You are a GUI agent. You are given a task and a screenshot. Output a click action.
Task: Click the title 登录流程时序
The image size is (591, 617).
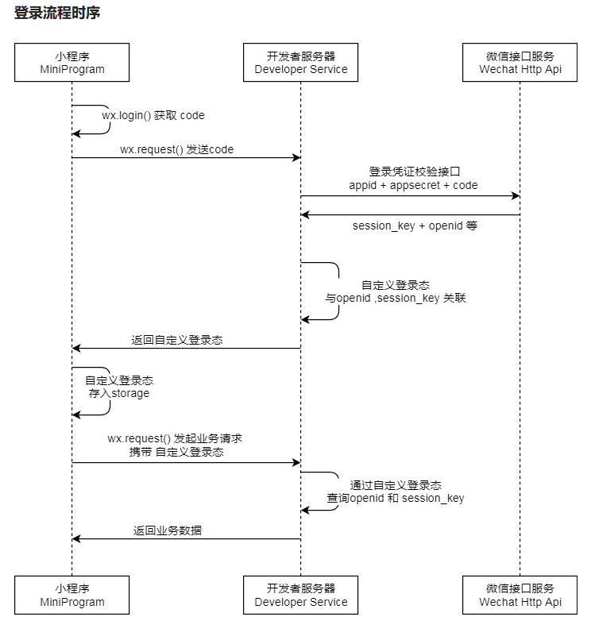[57, 13]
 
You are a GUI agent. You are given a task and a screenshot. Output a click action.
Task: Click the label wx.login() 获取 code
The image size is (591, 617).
[153, 116]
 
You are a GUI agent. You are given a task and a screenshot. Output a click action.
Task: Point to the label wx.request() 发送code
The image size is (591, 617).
[177, 149]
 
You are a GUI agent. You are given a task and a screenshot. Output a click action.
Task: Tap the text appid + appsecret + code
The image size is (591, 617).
[413, 185]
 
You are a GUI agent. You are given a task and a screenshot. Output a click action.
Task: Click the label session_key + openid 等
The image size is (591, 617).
[415, 226]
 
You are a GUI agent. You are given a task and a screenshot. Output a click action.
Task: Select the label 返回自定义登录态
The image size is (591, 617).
[177, 340]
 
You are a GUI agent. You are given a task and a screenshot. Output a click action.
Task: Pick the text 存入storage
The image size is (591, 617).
[119, 394]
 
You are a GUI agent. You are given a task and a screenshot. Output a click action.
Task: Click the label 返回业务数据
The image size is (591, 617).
[168, 530]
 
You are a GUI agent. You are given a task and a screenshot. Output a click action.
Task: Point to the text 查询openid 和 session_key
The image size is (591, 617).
[396, 498]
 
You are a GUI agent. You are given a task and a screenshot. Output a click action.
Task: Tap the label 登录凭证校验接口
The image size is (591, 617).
[414, 172]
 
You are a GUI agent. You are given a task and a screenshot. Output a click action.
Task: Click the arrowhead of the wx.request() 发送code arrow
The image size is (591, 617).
[297, 158]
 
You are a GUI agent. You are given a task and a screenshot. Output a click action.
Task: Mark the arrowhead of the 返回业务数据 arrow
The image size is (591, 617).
[76, 538]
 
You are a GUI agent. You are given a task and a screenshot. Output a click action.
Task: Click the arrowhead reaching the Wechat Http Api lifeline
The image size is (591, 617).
[516, 195]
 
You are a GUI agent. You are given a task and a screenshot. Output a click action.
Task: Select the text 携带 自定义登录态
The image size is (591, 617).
[176, 452]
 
